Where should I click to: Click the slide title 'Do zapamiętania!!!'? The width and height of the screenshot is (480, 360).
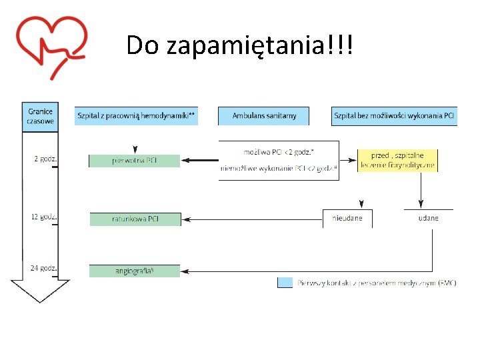(x=240, y=45)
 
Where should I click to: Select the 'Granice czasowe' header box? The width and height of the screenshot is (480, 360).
(x=40, y=115)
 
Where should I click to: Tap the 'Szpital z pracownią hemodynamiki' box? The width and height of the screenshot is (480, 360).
(x=136, y=116)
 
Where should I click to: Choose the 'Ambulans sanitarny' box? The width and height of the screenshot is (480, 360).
(x=264, y=116)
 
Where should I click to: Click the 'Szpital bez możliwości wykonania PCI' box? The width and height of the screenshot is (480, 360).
(x=394, y=116)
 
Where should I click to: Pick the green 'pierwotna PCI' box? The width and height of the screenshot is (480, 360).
(x=135, y=161)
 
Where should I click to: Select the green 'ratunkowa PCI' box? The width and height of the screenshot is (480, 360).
(x=135, y=219)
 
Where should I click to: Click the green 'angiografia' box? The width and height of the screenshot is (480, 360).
(x=135, y=271)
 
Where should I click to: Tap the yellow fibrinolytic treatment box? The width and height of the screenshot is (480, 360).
(x=397, y=160)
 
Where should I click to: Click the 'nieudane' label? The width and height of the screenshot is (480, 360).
(x=347, y=219)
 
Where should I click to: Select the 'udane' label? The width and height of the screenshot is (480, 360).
(x=428, y=219)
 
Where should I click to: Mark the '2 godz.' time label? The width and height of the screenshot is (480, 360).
(x=45, y=159)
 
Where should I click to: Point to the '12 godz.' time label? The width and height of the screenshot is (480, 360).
(x=45, y=217)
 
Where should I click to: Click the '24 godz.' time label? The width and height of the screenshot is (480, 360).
(x=45, y=269)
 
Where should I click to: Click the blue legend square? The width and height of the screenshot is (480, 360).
(x=285, y=283)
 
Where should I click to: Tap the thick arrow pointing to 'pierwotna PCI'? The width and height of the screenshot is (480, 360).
(x=200, y=161)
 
